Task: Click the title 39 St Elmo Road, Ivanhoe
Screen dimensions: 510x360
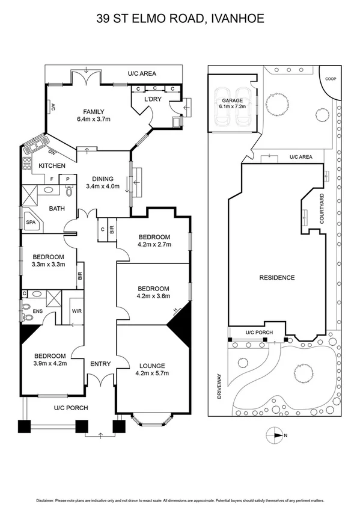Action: point(180,19)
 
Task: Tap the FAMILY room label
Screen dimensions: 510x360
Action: point(94,111)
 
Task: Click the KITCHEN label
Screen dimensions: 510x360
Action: point(52,165)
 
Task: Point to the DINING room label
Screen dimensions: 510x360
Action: point(103,178)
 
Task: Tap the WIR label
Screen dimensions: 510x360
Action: point(76,311)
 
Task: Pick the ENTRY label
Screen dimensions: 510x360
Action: point(100,364)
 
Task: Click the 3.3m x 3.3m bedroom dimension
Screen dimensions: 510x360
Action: point(48,264)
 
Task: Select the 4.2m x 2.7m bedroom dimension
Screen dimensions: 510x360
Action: point(154,244)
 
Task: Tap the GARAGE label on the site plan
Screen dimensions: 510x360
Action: point(233,100)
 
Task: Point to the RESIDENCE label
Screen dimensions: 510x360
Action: point(277,277)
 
